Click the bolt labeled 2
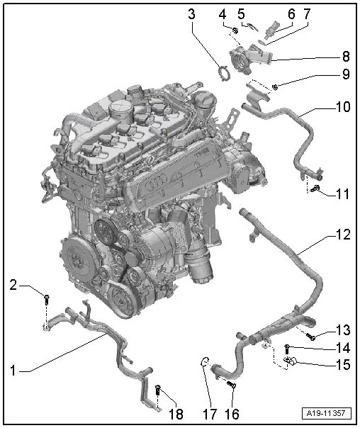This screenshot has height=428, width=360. coord(47,298)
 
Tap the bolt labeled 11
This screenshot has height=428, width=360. coord(314,189)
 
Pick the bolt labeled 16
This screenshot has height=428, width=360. coord(230,383)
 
